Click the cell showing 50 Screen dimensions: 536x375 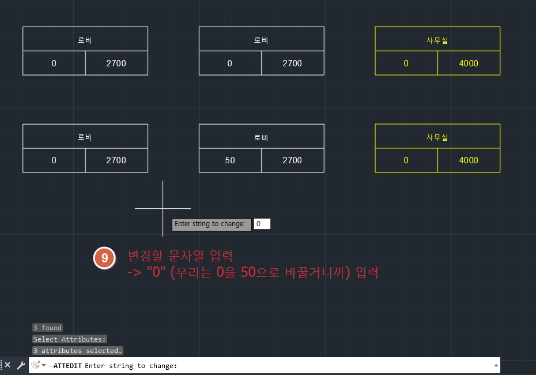coord(230,160)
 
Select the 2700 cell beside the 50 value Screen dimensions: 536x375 coord(292,160)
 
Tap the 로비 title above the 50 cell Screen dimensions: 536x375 coord(261,137)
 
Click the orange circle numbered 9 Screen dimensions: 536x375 coord(104,258)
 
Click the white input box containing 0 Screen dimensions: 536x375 coord(262,224)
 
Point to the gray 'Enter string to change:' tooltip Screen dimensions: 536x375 coord(212,224)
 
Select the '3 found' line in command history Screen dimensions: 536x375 coord(47,328)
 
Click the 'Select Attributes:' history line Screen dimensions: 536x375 coord(70,339)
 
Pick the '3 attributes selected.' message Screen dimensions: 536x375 coord(78,351)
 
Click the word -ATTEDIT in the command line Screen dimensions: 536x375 coord(66,366)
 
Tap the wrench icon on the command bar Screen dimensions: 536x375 coord(21,365)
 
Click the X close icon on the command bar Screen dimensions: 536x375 coord(7,365)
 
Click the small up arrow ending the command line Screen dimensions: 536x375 coord(496,365)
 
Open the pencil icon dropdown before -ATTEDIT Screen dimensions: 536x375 coord(39,365)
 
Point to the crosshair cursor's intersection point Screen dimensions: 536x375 coord(163,208)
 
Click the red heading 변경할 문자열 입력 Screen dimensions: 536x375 coord(180,256)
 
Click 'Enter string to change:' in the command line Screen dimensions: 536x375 coord(131,366)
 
